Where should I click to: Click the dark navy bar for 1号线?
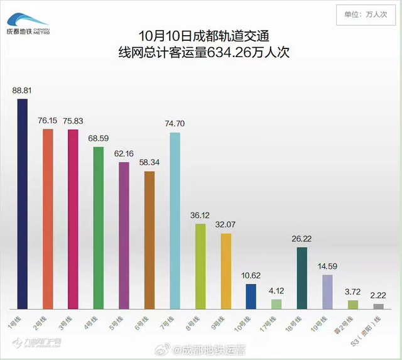(x=23, y=204)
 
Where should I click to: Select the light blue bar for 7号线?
(x=175, y=221)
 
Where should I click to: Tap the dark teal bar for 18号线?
(x=302, y=278)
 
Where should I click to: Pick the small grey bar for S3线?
(x=378, y=306)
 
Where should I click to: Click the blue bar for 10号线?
(x=251, y=296)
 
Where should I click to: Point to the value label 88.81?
(x=23, y=90)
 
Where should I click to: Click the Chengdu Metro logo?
(x=28, y=24)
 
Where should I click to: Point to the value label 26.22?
(x=302, y=239)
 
